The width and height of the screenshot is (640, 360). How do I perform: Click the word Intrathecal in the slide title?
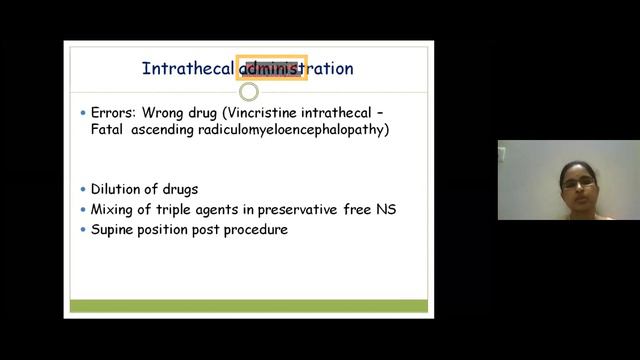(x=189, y=69)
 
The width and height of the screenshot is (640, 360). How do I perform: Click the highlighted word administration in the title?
(x=296, y=69)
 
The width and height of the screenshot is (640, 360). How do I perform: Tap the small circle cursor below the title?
(x=249, y=92)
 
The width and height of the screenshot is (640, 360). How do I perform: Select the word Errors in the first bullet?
(x=116, y=113)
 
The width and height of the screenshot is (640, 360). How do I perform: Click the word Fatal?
(x=110, y=130)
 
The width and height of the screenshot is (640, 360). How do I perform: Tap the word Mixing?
(x=114, y=209)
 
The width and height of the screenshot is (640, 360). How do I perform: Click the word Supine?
(x=116, y=229)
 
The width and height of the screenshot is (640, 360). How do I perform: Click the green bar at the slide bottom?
(x=247, y=306)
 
